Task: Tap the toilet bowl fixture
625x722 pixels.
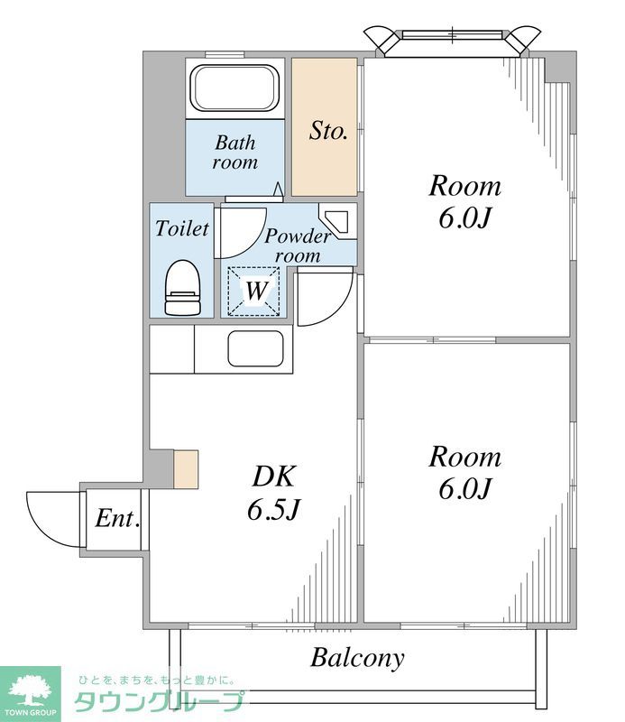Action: coord(182,288)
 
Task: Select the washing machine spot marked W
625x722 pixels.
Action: coord(255,292)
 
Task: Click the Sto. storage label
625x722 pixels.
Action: coord(328,131)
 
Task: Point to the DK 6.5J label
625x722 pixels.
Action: coord(272,493)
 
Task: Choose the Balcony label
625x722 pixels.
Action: coord(357,658)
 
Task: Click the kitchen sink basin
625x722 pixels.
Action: coord(255,348)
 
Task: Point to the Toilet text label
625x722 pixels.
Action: coord(182,229)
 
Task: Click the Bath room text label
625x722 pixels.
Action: coord(234,153)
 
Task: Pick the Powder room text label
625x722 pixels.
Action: coord(297,245)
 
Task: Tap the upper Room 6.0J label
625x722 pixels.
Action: coord(464,202)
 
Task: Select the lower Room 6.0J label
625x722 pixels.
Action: coord(464,472)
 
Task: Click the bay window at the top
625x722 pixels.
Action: coord(452,38)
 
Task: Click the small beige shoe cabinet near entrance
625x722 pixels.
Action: coord(186,469)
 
